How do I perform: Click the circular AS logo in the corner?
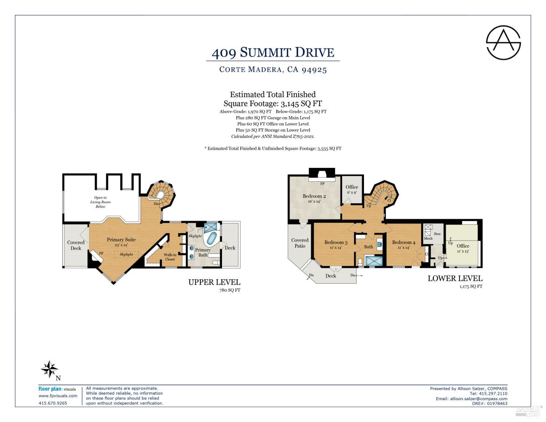(x=503, y=43)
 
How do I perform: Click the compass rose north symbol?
(x=50, y=370)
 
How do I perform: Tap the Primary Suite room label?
(x=121, y=240)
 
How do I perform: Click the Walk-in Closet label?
(x=170, y=257)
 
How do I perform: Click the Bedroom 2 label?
(x=314, y=196)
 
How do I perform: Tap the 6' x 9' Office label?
(x=352, y=189)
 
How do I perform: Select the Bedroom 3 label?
(x=336, y=242)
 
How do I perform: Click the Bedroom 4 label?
(x=403, y=242)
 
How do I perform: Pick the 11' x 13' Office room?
(x=463, y=248)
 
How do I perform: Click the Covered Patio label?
(x=300, y=243)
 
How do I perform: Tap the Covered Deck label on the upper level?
(x=76, y=245)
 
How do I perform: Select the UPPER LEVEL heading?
(x=214, y=282)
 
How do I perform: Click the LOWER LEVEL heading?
(x=455, y=279)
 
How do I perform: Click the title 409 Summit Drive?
(x=273, y=52)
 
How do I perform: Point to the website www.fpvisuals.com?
(x=58, y=396)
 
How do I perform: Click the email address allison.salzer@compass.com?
(x=479, y=399)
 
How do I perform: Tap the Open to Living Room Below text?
(x=100, y=202)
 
